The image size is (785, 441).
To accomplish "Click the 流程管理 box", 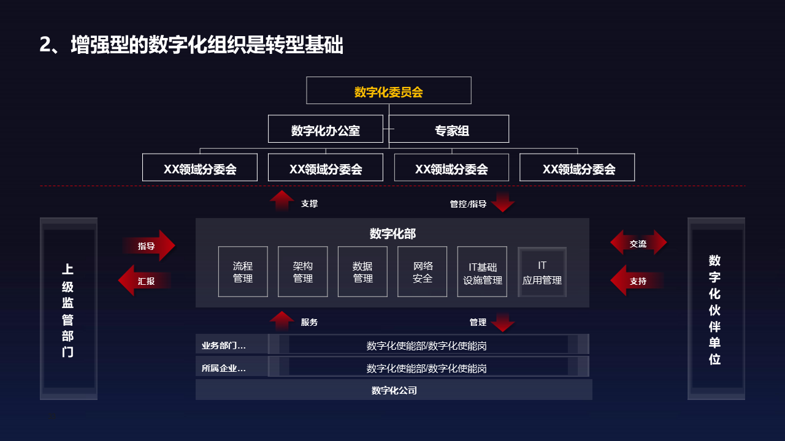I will click(243, 271).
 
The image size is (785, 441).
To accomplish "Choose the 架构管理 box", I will click(303, 271).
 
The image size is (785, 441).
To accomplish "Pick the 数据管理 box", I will click(362, 271).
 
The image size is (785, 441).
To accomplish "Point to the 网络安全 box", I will click(423, 271).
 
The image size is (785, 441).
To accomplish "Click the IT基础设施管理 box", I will click(483, 271).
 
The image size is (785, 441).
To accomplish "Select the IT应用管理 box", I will click(542, 271).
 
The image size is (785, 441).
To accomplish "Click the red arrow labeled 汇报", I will click(145, 281).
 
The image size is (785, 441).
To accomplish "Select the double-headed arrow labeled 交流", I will click(638, 243).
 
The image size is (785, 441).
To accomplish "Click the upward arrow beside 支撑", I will click(282, 201).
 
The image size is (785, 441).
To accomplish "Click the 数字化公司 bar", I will click(394, 390).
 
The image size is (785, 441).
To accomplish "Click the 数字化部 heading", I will click(392, 233).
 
